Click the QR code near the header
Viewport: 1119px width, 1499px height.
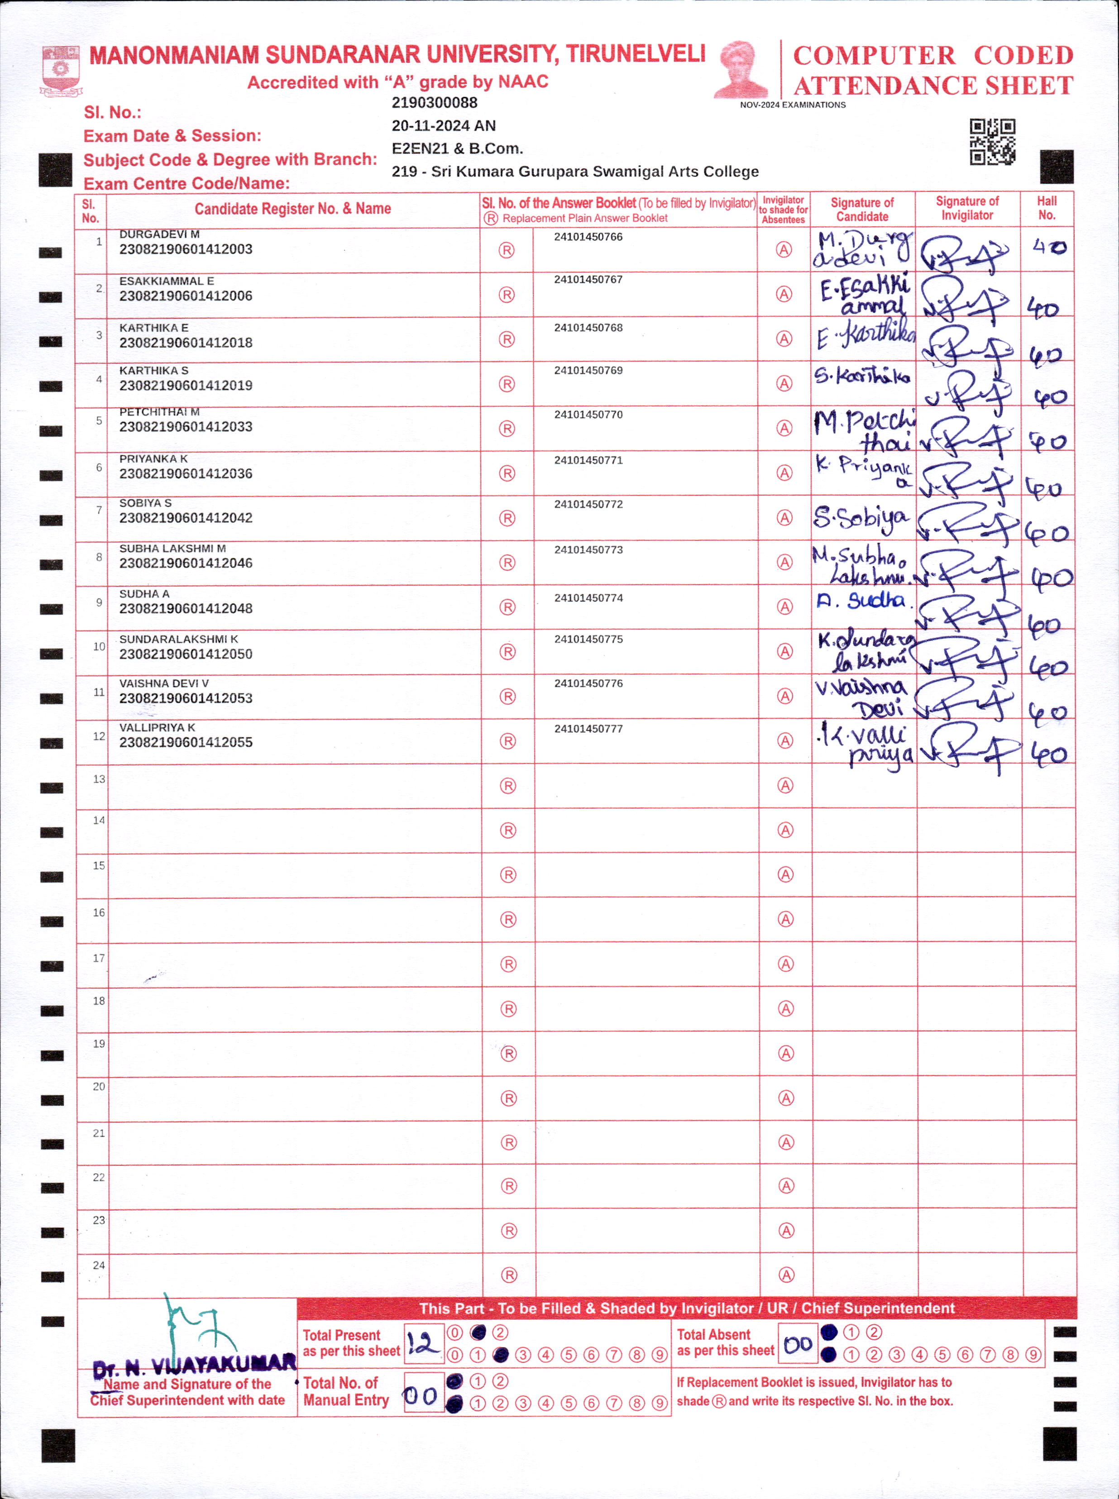(x=992, y=142)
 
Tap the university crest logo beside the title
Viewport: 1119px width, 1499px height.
(x=61, y=70)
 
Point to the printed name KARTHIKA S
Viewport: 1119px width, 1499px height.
(x=154, y=370)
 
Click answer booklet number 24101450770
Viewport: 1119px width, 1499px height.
(x=588, y=415)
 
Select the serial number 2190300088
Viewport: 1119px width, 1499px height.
(x=434, y=103)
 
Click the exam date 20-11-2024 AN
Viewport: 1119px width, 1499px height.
(x=444, y=126)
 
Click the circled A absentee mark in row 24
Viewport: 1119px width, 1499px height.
(x=786, y=1275)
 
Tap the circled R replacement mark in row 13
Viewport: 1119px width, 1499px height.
(x=507, y=785)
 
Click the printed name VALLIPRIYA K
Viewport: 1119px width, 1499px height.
(x=157, y=727)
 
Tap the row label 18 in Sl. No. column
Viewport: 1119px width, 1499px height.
(x=99, y=1001)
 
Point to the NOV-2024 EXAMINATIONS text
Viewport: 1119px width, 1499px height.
(x=793, y=105)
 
